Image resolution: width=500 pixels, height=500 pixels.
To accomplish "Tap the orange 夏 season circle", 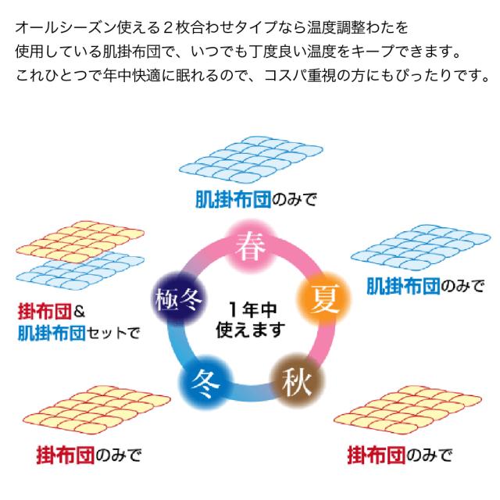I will (320, 298).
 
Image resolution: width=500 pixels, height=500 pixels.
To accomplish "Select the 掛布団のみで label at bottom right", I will (398, 454).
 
